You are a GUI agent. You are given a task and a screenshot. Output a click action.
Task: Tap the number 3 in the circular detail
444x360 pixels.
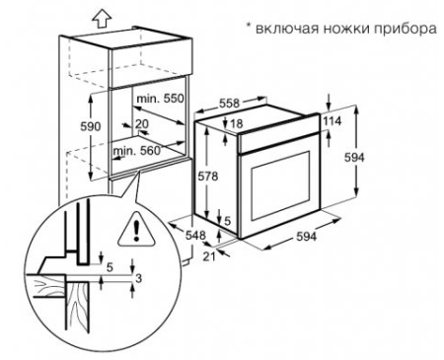click(139, 279)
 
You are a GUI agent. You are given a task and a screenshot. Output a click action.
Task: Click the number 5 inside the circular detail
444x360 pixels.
click(109, 267)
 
